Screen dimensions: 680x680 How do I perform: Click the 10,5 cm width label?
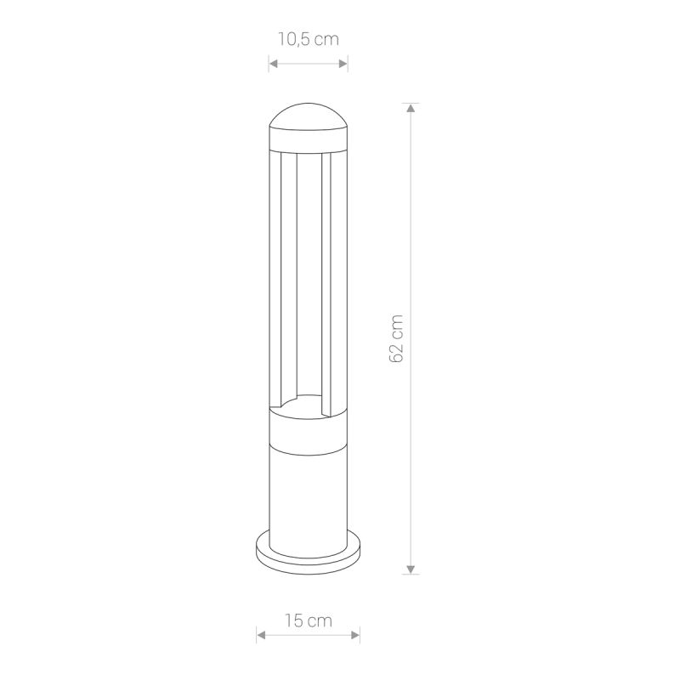(x=308, y=39)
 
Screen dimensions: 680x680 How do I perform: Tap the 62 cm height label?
(x=397, y=338)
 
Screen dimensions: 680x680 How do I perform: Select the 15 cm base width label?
(x=309, y=621)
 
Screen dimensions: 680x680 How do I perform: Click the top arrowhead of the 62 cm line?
(x=411, y=108)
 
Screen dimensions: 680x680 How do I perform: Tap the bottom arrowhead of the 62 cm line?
(x=411, y=568)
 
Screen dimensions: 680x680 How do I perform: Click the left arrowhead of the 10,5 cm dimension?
(x=272, y=63)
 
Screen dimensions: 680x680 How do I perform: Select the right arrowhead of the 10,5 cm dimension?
(x=343, y=63)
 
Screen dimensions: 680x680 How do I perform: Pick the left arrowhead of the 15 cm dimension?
(x=259, y=631)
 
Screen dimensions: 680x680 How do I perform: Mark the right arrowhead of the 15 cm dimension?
(x=356, y=631)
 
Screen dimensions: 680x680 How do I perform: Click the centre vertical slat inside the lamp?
(x=308, y=272)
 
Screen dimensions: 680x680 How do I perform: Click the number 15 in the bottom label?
(x=293, y=621)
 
